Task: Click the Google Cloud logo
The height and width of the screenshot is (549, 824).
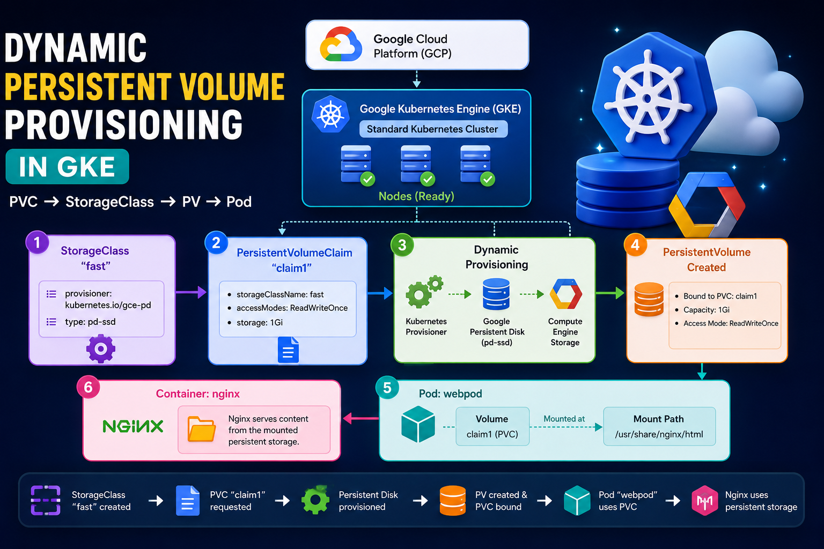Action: click(341, 44)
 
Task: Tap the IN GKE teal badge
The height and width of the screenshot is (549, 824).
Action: click(67, 167)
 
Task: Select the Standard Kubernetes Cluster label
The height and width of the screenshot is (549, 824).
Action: click(433, 129)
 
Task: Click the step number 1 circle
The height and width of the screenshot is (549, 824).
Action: click(37, 243)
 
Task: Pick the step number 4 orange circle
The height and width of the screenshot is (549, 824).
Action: click(635, 245)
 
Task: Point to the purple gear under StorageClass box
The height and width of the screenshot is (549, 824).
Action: click(101, 348)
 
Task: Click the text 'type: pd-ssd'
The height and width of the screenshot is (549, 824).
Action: click(90, 322)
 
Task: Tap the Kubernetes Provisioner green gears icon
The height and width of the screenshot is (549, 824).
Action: click(424, 291)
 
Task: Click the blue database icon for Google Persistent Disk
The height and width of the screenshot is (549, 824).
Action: click(496, 294)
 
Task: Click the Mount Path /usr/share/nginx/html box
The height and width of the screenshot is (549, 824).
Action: click(659, 427)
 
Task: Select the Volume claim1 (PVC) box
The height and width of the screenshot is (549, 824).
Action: click(492, 427)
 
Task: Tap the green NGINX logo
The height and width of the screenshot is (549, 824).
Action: click(133, 427)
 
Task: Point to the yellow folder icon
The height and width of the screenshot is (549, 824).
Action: click(202, 429)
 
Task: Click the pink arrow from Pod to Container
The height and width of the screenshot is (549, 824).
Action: click(360, 418)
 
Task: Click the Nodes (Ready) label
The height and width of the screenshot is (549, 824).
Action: click(416, 196)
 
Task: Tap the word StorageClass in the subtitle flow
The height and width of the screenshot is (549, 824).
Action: click(109, 202)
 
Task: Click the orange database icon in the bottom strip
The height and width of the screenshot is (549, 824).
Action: click(452, 500)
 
